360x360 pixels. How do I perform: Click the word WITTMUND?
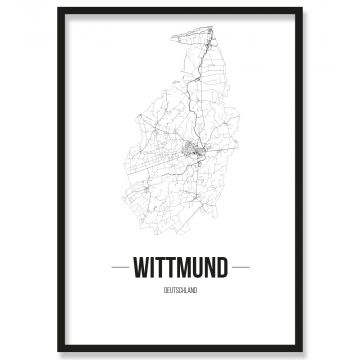point(180,268)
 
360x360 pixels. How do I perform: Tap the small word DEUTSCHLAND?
point(180,289)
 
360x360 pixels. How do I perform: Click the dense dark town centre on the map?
point(194,153)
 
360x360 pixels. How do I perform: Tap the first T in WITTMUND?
point(162,268)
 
